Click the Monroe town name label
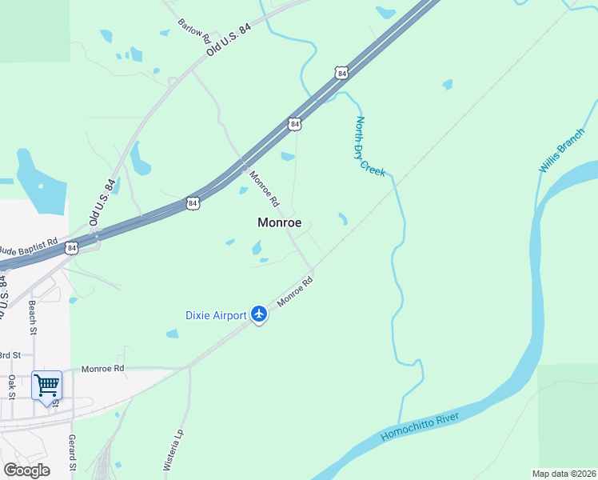pyautogui.click(x=279, y=223)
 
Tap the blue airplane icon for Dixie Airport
pyautogui.click(x=258, y=314)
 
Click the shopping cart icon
pyautogui.click(x=46, y=385)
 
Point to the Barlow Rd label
pyautogui.click(x=193, y=30)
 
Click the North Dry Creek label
pyautogui.click(x=370, y=146)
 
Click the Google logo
pyautogui.click(x=26, y=470)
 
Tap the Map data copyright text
pyautogui.click(x=564, y=474)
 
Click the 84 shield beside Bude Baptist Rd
pyautogui.click(x=73, y=248)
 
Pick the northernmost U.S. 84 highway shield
pyautogui.click(x=342, y=74)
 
